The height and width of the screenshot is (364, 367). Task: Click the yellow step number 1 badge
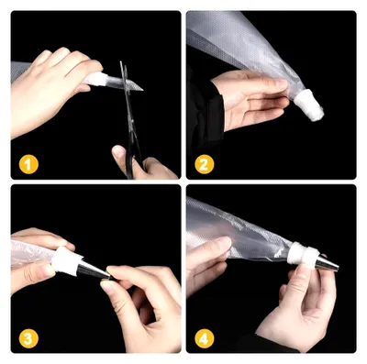tap(28, 165)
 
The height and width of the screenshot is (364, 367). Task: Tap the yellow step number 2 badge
tap(205, 165)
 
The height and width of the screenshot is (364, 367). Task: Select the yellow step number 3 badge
tap(28, 339)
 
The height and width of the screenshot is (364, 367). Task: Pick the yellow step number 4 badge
tap(205, 339)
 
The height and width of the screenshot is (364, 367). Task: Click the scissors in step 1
tap(131, 122)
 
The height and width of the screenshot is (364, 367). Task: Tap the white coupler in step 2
tap(309, 105)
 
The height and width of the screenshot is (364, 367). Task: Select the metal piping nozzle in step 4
tap(328, 262)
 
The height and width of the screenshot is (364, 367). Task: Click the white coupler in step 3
tap(66, 260)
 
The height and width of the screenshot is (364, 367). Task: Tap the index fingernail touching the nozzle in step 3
tap(107, 285)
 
